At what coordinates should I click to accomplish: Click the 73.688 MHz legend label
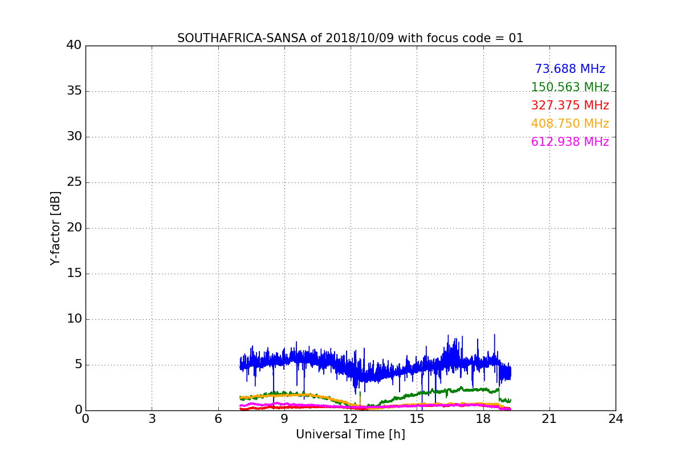pyautogui.click(x=570, y=69)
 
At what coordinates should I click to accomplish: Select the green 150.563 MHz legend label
pyautogui.click(x=570, y=87)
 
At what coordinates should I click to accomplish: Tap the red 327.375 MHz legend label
pyautogui.click(x=570, y=105)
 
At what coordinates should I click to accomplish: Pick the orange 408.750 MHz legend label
pyautogui.click(x=570, y=124)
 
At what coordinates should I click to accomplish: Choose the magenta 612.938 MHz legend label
pyautogui.click(x=570, y=142)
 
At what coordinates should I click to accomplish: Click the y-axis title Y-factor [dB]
pyautogui.click(x=55, y=228)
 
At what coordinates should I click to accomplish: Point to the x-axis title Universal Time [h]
pyautogui.click(x=350, y=434)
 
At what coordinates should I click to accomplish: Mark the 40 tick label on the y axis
pyautogui.click(x=74, y=46)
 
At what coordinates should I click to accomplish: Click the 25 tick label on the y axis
pyautogui.click(x=74, y=182)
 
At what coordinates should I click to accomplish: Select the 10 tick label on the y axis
pyautogui.click(x=74, y=319)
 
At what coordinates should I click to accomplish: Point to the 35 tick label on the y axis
pyautogui.click(x=74, y=91)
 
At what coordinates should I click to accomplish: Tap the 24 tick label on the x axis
pyautogui.click(x=616, y=419)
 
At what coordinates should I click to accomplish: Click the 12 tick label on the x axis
pyautogui.click(x=351, y=419)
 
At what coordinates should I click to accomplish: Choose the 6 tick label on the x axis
pyautogui.click(x=218, y=419)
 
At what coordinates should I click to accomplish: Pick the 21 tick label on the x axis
pyautogui.click(x=549, y=419)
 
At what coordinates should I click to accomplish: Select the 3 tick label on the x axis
pyautogui.click(x=152, y=419)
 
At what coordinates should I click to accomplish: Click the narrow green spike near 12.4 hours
pyautogui.click(x=360, y=396)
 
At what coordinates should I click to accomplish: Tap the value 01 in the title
pyautogui.click(x=516, y=38)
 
